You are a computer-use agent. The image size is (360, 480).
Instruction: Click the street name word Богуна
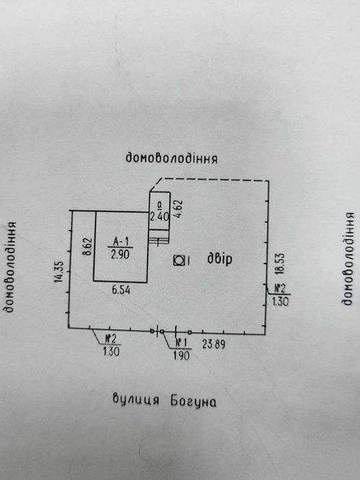pyautogui.click(x=193, y=401)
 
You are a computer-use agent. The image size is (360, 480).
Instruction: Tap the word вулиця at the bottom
pyautogui.click(x=136, y=399)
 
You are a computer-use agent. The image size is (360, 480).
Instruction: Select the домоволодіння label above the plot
pyautogui.click(x=171, y=158)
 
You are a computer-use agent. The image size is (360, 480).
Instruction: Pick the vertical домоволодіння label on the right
pyautogui.click(x=348, y=259)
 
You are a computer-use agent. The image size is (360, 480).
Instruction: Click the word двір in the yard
pyautogui.click(x=219, y=259)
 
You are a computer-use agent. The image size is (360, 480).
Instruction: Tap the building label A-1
pyautogui.click(x=121, y=242)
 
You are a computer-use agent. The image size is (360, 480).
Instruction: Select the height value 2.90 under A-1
pyautogui.click(x=120, y=254)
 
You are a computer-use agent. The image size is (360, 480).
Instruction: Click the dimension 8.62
pyautogui.click(x=88, y=247)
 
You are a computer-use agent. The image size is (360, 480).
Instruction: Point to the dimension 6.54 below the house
pyautogui.click(x=121, y=289)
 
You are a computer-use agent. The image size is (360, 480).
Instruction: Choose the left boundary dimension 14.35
pyautogui.click(x=59, y=272)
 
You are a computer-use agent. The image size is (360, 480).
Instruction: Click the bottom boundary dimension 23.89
pyautogui.click(x=214, y=344)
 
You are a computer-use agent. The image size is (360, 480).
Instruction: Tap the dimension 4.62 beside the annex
pyautogui.click(x=178, y=208)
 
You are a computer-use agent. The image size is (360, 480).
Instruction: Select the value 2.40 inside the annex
pyautogui.click(x=159, y=217)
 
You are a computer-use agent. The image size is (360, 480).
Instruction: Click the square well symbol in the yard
pyautogui.click(x=179, y=261)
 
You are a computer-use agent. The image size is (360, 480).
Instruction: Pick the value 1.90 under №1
pyautogui.click(x=182, y=355)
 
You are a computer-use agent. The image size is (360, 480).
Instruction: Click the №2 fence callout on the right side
pyautogui.click(x=280, y=289)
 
